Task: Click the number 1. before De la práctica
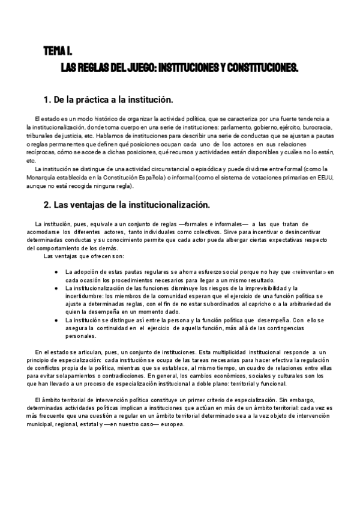point(48,99)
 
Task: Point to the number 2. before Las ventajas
point(48,205)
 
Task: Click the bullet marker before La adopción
point(56,272)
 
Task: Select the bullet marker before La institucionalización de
point(56,288)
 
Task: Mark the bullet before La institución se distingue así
point(56,321)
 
